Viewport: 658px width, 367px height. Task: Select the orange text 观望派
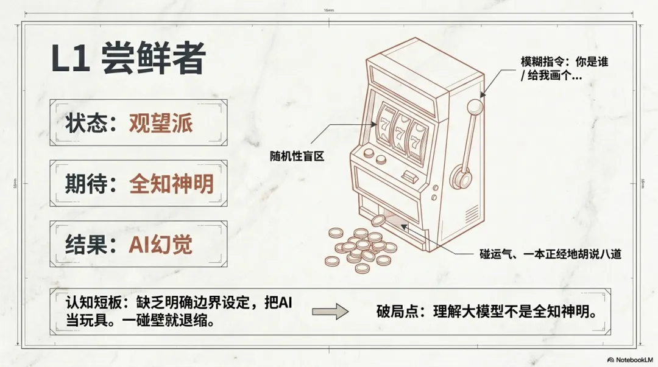[161, 124]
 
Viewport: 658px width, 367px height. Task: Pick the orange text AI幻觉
[161, 243]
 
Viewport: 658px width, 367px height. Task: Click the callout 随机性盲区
[297, 156]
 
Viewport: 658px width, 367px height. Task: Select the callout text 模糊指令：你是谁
[564, 62]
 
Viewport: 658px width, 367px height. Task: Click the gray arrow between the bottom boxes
[330, 312]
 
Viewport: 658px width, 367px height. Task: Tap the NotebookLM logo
[629, 359]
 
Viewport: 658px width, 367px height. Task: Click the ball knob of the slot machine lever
[475, 108]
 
